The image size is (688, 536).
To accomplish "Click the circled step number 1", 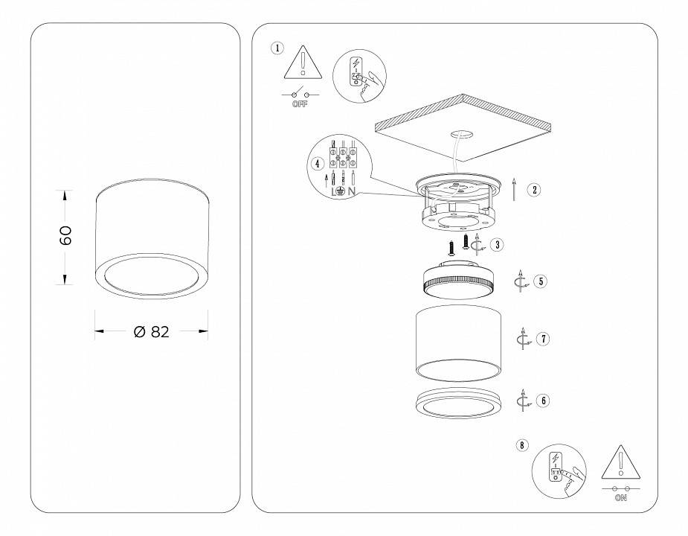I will pos(277,48).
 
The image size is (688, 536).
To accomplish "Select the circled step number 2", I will pos(535,189).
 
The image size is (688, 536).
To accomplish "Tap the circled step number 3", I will pos(496,243).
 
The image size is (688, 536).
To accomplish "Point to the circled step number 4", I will pos(317,162).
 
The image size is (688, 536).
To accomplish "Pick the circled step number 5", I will pos(541,281).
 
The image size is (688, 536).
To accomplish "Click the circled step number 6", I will pos(544,401).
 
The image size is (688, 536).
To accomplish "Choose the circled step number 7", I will pos(544,339).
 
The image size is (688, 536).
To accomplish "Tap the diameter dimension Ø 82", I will pos(152,332).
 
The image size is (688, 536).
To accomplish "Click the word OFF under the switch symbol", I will pos(300,104).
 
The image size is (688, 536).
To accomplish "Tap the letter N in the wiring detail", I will pos(351,191).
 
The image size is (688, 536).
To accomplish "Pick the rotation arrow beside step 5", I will pos(522,282).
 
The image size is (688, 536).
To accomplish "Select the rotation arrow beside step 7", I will pos(524,339).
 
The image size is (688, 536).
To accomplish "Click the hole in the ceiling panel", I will pos(463,135).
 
